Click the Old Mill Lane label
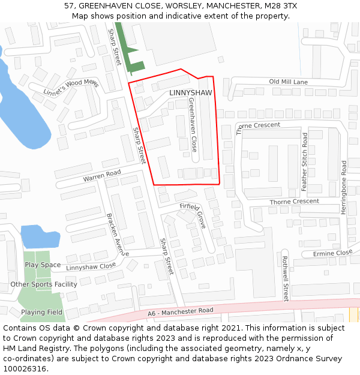[288, 82]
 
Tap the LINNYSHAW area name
[191, 93]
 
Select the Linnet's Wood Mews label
[70, 88]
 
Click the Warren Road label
[102, 176]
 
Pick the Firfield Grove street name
[193, 214]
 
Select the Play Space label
[42, 265]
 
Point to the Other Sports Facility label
[44, 284]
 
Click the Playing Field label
[42, 312]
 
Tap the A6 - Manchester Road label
[181, 313]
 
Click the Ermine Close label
[332, 253]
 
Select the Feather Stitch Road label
[305, 162]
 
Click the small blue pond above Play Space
[40, 236]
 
